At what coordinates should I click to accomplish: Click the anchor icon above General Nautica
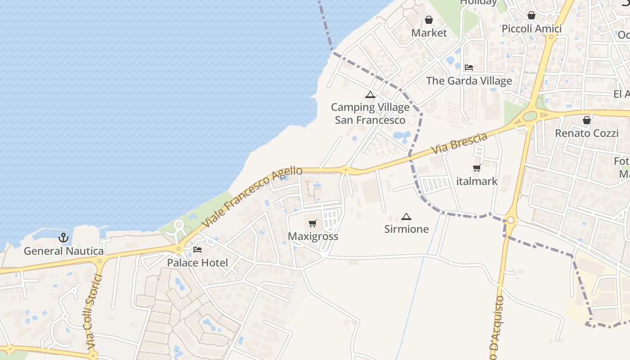tap(63, 238)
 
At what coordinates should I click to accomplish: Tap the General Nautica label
tap(63, 251)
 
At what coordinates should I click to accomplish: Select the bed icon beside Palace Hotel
tap(198, 250)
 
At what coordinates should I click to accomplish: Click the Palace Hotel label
tap(198, 263)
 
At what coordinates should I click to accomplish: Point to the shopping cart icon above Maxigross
tap(313, 224)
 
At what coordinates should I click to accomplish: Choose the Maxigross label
tap(313, 237)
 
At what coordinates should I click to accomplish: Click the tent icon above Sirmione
tap(406, 216)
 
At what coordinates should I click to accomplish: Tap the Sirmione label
tap(406, 229)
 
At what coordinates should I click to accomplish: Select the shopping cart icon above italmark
tap(477, 168)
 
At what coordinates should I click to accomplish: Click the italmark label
tap(477, 181)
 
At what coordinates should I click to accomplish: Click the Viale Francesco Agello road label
tap(252, 196)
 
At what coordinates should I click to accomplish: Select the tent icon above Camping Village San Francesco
tap(370, 94)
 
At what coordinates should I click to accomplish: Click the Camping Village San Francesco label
tap(370, 114)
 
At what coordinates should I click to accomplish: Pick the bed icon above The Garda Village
tap(469, 67)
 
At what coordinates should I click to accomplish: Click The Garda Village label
tap(469, 81)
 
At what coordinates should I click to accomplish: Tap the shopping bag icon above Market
tap(429, 20)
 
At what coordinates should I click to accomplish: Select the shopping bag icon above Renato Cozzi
tap(587, 120)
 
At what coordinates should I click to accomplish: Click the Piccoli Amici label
tap(531, 29)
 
